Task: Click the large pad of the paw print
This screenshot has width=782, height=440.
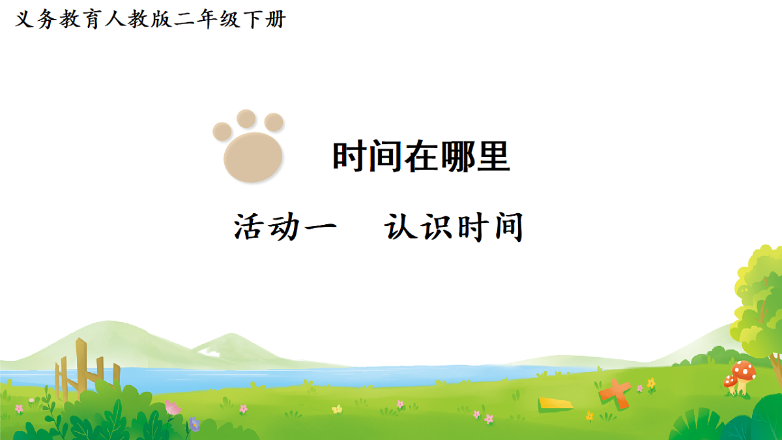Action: click(253, 156)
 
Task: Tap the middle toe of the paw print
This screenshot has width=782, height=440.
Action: click(246, 119)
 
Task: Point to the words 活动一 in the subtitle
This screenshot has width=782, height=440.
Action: click(285, 227)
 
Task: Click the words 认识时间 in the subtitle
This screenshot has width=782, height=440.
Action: click(454, 227)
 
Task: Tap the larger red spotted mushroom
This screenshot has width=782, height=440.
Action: click(744, 374)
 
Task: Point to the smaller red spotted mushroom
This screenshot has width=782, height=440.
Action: click(731, 381)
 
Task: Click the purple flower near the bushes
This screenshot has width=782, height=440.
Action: click(194, 424)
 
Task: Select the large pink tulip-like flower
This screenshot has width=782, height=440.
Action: click(173, 408)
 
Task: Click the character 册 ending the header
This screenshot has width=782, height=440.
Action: click(275, 20)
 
